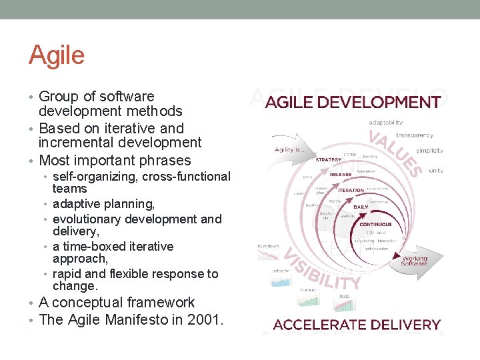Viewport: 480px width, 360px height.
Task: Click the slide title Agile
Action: [x=57, y=55]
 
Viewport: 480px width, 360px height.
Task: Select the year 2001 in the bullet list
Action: [x=205, y=319]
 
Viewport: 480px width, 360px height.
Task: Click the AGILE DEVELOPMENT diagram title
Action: [x=353, y=103]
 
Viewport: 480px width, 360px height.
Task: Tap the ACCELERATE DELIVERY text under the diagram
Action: [x=357, y=325]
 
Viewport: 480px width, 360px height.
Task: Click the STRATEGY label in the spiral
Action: [x=328, y=159]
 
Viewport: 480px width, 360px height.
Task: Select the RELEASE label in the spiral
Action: [x=341, y=175]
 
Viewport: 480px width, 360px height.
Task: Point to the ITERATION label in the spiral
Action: [x=351, y=190]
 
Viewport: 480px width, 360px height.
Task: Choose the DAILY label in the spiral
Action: [x=360, y=207]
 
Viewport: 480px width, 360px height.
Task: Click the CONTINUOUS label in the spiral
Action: [x=375, y=224]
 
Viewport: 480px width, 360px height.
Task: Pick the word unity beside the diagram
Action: [x=436, y=171]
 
